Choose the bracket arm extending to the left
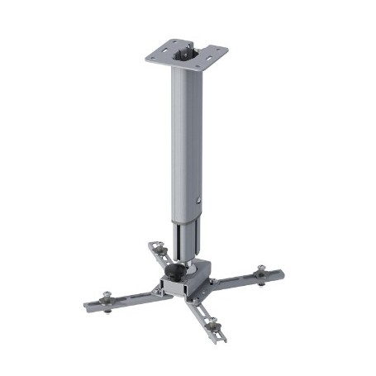pyautogui.click(x=124, y=298)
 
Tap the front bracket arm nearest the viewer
pyautogui.click(x=206, y=317)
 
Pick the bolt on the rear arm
pyautogui.click(x=155, y=245)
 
